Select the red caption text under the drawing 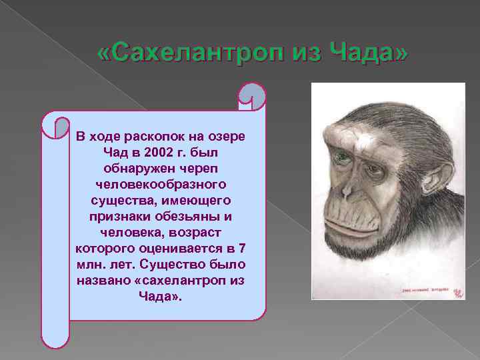[419, 291]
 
